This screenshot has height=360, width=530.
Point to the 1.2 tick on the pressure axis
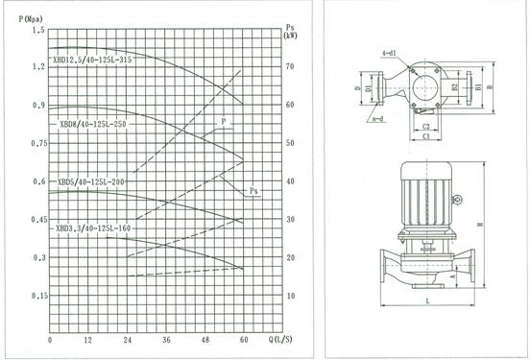(x=39, y=67)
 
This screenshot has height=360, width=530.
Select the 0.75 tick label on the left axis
(x=37, y=144)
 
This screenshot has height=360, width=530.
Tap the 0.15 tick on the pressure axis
(x=37, y=297)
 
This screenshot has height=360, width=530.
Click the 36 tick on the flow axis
(x=166, y=341)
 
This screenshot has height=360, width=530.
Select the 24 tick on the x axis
(x=127, y=341)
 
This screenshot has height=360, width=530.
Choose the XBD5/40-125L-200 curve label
(x=92, y=180)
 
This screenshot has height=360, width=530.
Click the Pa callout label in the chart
(x=254, y=191)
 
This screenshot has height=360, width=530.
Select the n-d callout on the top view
(x=380, y=119)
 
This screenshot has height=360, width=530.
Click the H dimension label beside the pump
(x=493, y=228)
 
